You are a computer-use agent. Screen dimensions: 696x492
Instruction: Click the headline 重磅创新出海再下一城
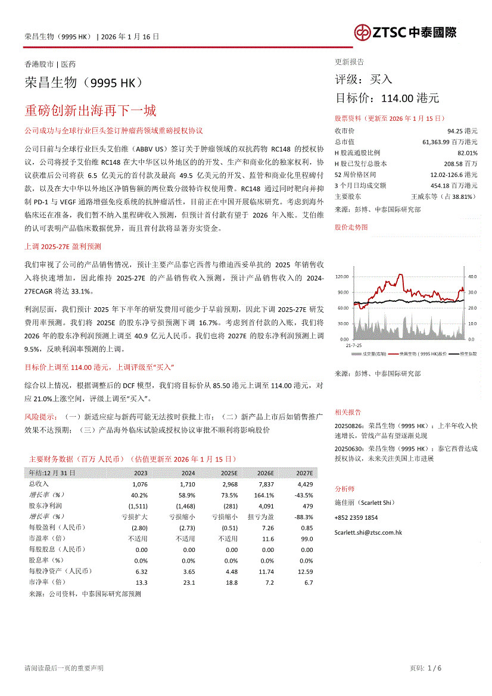tap(91, 111)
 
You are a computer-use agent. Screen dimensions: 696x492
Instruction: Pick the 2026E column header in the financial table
tap(265, 473)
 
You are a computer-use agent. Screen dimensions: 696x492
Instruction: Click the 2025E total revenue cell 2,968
tap(229, 484)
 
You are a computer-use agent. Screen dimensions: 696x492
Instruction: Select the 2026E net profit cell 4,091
tap(266, 505)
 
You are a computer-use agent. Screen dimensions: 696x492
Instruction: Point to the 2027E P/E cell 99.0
tap(307, 539)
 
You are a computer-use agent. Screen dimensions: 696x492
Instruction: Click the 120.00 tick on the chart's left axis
tap(342, 277)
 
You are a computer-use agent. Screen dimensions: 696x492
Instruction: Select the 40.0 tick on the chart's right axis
tap(473, 277)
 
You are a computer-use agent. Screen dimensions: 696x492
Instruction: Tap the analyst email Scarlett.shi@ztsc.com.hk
tap(368, 533)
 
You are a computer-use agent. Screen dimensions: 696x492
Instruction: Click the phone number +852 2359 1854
tap(356, 517)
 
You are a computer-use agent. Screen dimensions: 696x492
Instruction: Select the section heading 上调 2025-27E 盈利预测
tap(63, 245)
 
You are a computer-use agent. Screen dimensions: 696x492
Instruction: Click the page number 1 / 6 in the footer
tap(434, 668)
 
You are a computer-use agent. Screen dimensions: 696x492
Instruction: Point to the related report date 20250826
tap(350, 426)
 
